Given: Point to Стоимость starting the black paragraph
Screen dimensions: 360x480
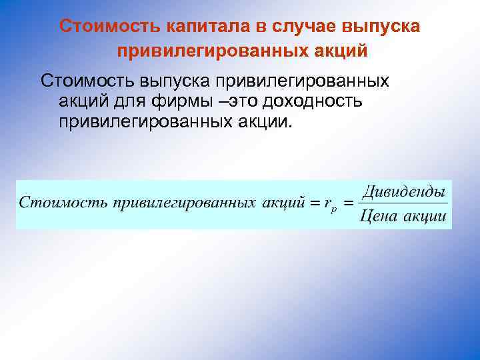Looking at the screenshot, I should [87, 81].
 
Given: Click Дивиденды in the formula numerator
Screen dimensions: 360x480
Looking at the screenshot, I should [403, 191].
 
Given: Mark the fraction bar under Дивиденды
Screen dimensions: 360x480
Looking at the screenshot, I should [403, 203].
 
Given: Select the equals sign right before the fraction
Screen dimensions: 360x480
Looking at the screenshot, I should [348, 202].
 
